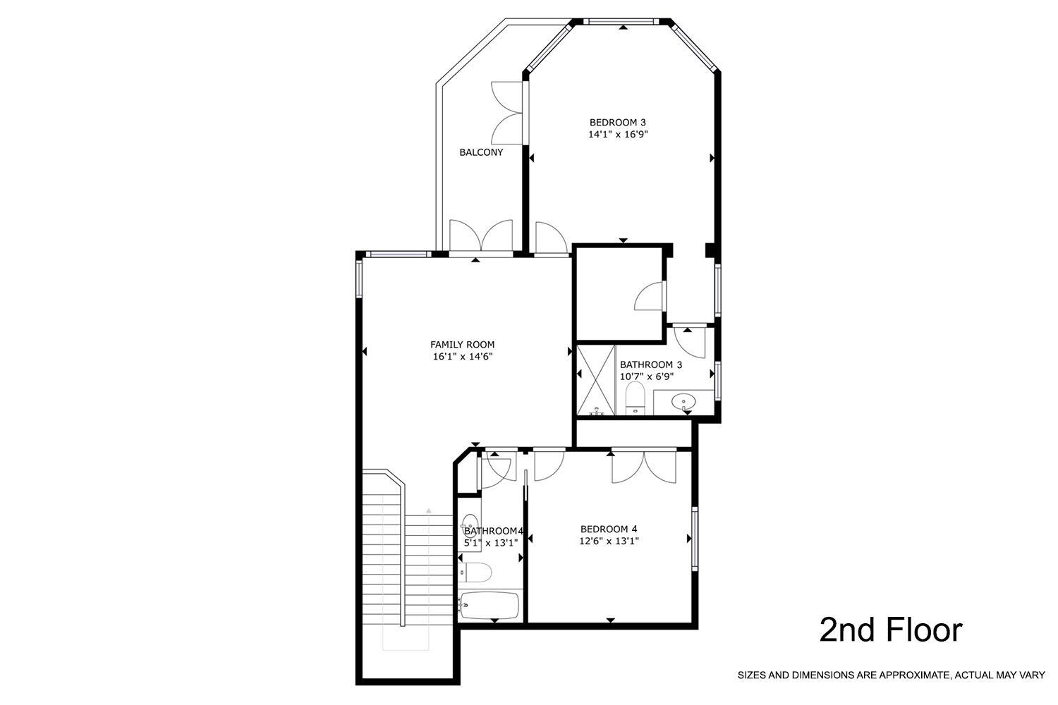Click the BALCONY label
click(x=481, y=152)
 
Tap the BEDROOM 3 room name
click(x=618, y=122)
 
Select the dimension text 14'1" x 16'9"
click(x=618, y=134)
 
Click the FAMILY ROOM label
click(x=462, y=345)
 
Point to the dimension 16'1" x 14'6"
click(x=462, y=357)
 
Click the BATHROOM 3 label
click(x=650, y=364)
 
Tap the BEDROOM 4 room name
click(x=609, y=529)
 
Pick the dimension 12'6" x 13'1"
click(x=609, y=541)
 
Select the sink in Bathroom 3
click(x=683, y=403)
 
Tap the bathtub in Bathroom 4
click(x=490, y=606)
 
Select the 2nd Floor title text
click(x=890, y=630)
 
